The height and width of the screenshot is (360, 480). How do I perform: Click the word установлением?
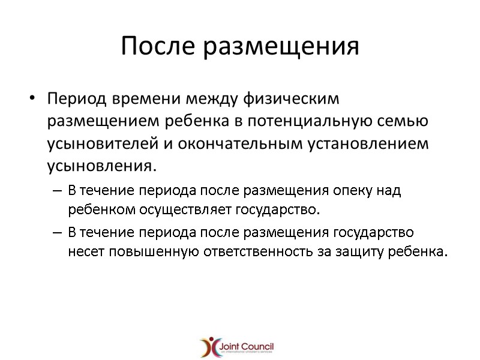pyautogui.click(x=364, y=145)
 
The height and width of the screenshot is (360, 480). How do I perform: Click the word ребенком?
pyautogui.click(x=95, y=211)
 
